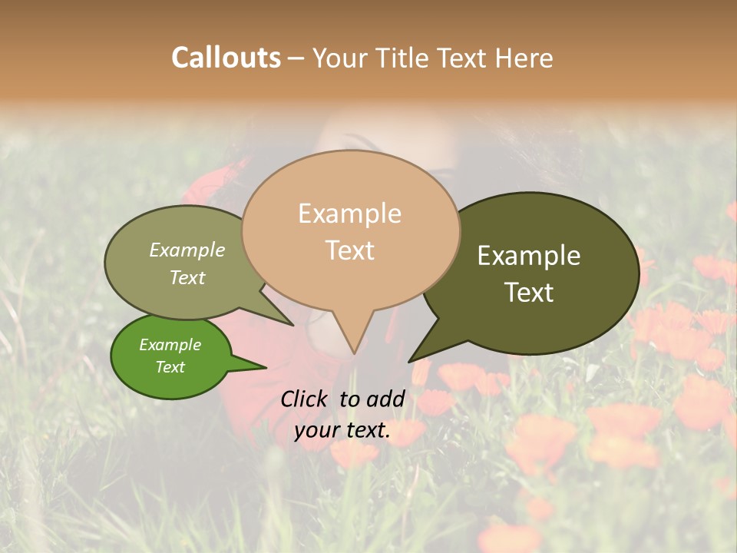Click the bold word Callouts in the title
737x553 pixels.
[226, 58]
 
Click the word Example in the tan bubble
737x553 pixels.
[349, 214]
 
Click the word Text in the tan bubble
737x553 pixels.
[350, 250]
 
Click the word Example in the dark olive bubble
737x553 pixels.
[529, 256]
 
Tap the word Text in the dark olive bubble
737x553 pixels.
[529, 293]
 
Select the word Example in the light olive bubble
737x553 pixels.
[187, 250]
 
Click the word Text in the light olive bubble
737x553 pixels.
[187, 277]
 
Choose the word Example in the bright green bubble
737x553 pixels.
[170, 345]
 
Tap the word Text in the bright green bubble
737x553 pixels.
[170, 367]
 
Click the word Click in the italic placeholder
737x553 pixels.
[306, 399]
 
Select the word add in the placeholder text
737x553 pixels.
[386, 399]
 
